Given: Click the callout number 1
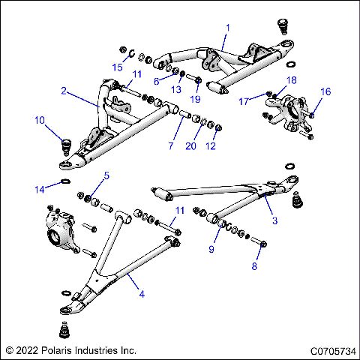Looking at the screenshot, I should (228, 27).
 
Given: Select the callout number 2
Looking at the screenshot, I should (64, 91).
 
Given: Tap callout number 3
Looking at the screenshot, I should (274, 220).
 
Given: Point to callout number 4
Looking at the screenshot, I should (141, 294).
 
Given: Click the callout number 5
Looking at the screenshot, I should (106, 175).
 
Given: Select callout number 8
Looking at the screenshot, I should (254, 265).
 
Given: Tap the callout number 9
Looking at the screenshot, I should (212, 249).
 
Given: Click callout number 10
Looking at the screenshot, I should (39, 120).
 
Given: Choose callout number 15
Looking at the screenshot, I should (117, 67).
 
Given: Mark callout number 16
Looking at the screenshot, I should (325, 91).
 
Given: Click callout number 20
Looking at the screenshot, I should (190, 145).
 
